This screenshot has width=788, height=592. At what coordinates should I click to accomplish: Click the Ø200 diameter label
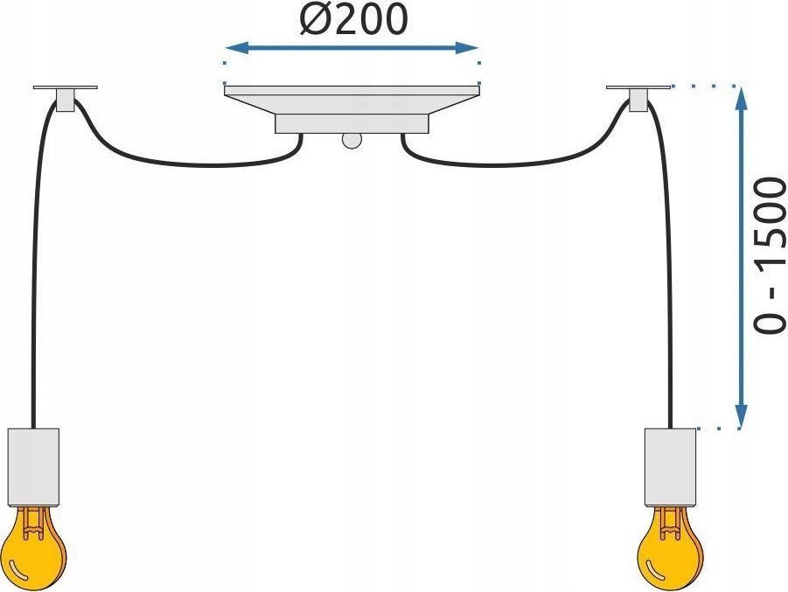coord(353,19)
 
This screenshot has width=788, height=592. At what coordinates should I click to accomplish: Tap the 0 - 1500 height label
coord(769,254)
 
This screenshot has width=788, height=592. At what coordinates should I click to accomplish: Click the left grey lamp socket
coord(33,467)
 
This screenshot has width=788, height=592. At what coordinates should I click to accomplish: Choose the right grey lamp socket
coord(671,467)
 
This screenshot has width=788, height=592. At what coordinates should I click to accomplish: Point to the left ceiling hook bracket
coord(66,98)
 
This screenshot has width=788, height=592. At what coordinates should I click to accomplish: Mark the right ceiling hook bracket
coord(638,98)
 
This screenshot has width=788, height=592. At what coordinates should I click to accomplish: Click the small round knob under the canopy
coord(352,141)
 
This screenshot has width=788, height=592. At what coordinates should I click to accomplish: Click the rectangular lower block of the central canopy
coord(352,123)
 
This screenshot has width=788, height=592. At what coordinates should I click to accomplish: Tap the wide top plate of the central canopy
coord(352,100)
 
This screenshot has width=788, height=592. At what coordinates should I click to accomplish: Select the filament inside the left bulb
coord(32,522)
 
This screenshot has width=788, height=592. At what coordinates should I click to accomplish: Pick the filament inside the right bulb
coord(669,522)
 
